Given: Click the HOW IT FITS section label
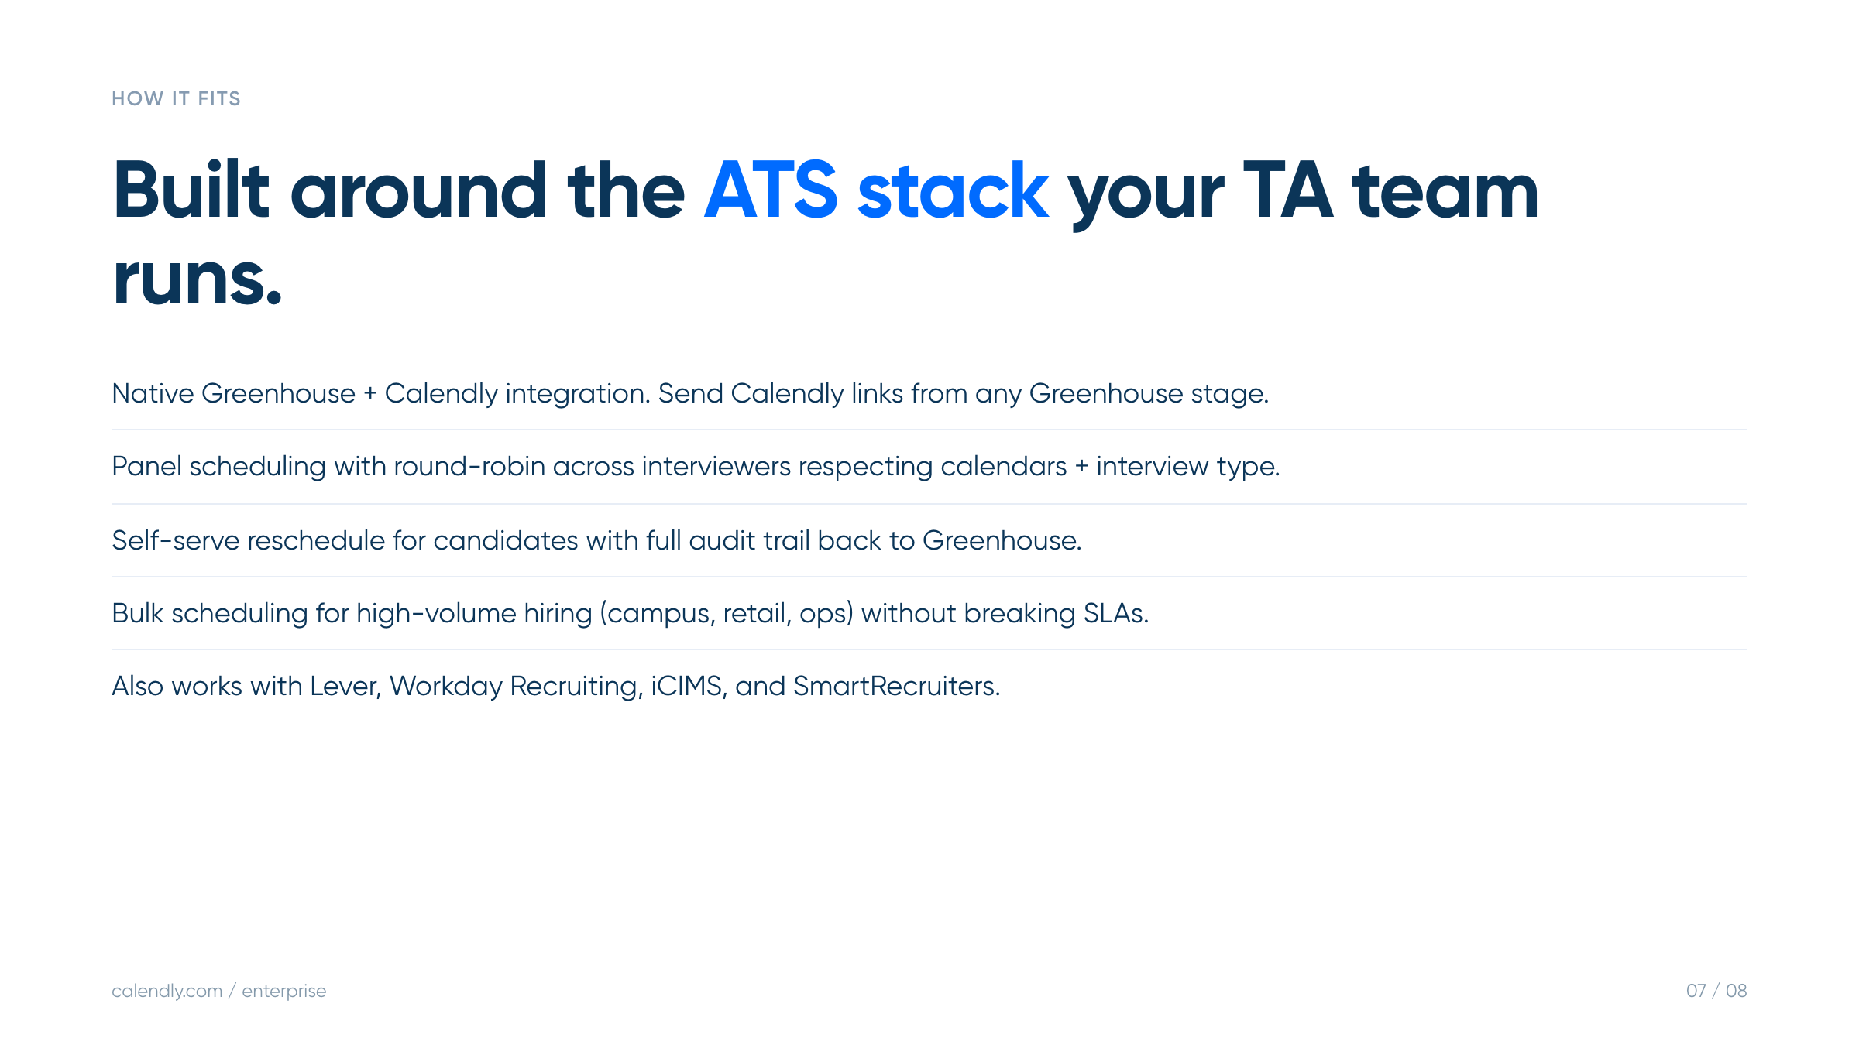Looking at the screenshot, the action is pos(176,98).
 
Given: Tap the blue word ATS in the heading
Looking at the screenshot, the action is pos(771,190).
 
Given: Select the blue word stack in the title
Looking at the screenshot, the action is pos(953,190).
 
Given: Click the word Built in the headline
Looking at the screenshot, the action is pos(191,190).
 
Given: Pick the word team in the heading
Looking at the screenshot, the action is pos(1445,191).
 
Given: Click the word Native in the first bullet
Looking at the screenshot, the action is pos(153,393).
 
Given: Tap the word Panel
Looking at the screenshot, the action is pos(146,466).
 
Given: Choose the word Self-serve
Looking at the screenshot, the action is pos(176,540).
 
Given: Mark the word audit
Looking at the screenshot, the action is pos(722,540).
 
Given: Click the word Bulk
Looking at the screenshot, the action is pos(137,613).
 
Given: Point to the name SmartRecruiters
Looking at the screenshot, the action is pos(896,686).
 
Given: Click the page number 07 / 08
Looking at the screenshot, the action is pos(1716,991).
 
